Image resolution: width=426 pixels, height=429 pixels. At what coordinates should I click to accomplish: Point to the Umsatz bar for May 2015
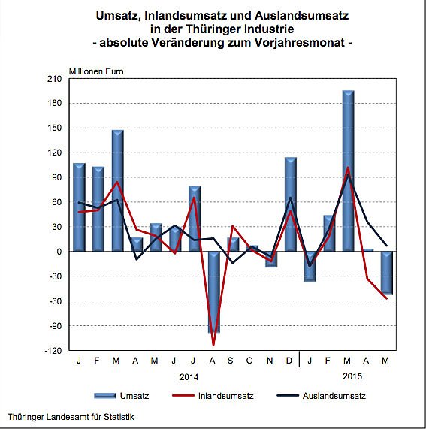tap(386, 272)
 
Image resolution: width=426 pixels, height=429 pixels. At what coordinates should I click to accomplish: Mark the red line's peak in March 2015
tap(348, 168)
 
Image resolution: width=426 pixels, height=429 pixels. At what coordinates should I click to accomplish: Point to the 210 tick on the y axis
tap(54, 78)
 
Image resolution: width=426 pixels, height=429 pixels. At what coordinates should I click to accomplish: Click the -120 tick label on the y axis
tap(53, 350)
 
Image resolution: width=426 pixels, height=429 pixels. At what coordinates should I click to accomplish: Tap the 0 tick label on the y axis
tap(59, 252)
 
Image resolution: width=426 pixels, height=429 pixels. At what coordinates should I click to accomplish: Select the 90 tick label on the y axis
tap(56, 177)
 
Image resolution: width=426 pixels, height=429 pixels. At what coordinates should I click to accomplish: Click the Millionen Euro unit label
tap(96, 72)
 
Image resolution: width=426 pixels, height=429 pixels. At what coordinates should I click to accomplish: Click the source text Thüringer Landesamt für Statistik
tap(71, 417)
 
